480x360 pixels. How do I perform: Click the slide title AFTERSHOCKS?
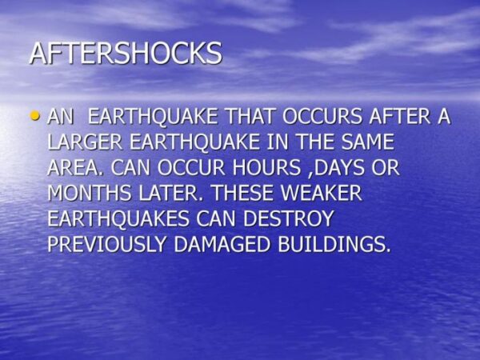(x=126, y=53)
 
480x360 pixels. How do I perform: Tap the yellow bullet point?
(x=35, y=116)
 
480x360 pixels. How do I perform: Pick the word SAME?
(x=368, y=142)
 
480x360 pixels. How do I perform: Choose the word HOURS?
(x=266, y=167)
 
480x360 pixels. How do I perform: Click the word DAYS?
(x=339, y=167)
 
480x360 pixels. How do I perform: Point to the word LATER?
(x=171, y=193)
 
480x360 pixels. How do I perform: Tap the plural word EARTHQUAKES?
(x=118, y=218)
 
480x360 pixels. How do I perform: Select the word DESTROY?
(x=288, y=218)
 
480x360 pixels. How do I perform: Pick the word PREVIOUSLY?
(x=107, y=244)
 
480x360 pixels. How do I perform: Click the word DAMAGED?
(x=222, y=244)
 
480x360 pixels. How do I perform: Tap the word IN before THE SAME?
(x=278, y=142)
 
